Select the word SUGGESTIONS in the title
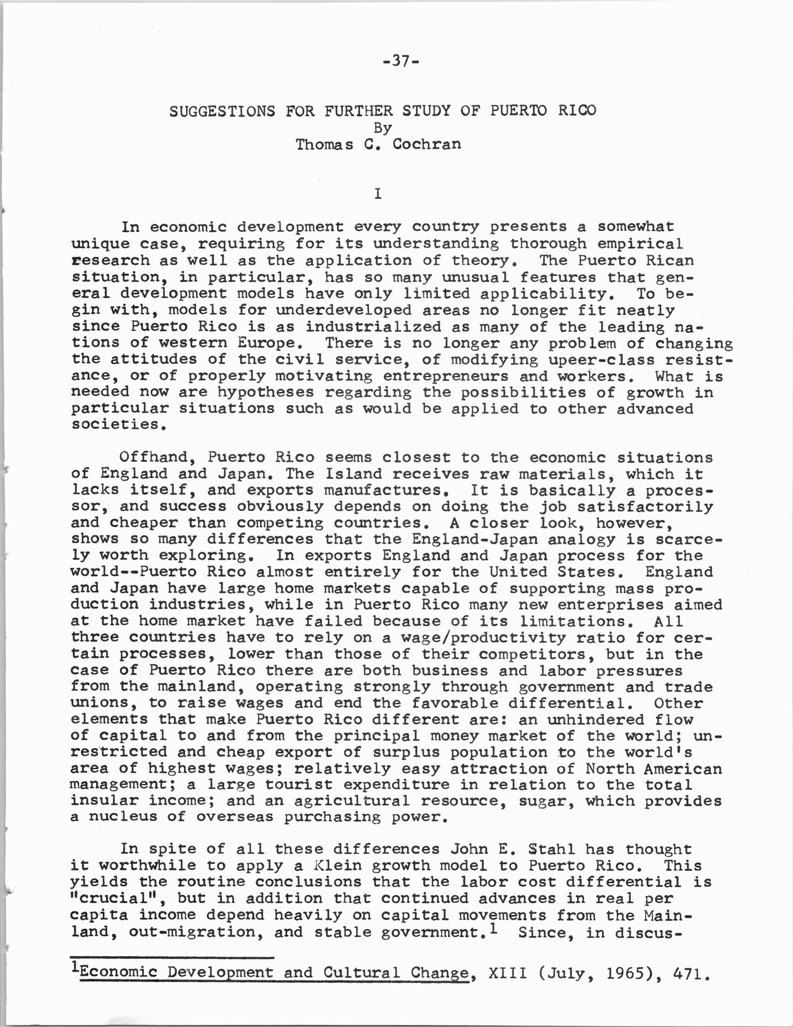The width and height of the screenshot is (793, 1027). point(222,111)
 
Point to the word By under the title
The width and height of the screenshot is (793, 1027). point(382,128)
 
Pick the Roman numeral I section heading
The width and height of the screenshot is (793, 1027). point(377,194)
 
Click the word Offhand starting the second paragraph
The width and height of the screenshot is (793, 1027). point(155,457)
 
